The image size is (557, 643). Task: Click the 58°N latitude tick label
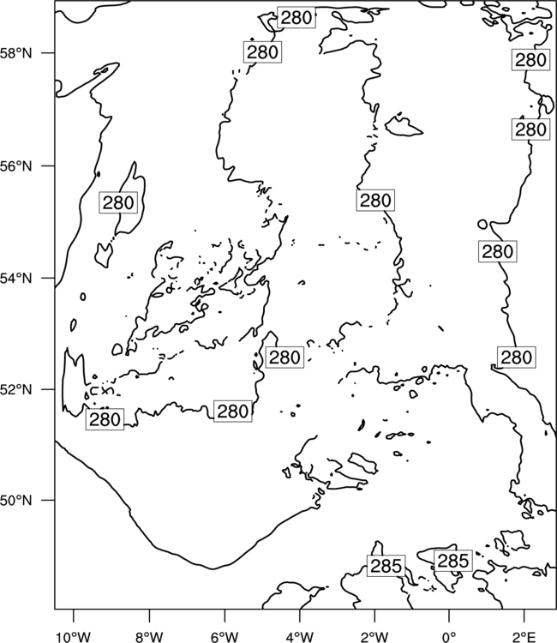point(16,53)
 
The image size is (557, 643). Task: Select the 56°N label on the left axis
point(16,166)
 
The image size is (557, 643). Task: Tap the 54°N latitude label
point(16,279)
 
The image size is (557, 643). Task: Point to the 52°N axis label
point(16,389)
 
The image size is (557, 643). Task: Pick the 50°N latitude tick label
point(16,501)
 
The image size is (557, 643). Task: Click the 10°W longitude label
point(74,637)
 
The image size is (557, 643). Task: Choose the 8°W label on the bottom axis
point(149,637)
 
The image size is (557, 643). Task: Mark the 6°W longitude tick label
point(225,637)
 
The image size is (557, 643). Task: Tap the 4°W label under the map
point(300,637)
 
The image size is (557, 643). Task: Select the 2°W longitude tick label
point(374,637)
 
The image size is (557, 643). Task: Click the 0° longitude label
point(449,637)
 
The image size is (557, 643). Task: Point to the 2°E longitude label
point(524,637)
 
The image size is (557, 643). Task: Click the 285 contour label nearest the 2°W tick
point(386,566)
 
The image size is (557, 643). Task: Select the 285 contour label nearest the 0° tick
point(453,561)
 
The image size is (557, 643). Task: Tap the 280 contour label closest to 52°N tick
point(105,419)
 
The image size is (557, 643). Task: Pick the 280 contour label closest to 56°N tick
point(118,202)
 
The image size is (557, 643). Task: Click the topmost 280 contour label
point(296,18)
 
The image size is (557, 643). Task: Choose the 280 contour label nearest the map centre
point(284,358)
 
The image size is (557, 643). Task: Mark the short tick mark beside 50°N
point(49,501)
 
